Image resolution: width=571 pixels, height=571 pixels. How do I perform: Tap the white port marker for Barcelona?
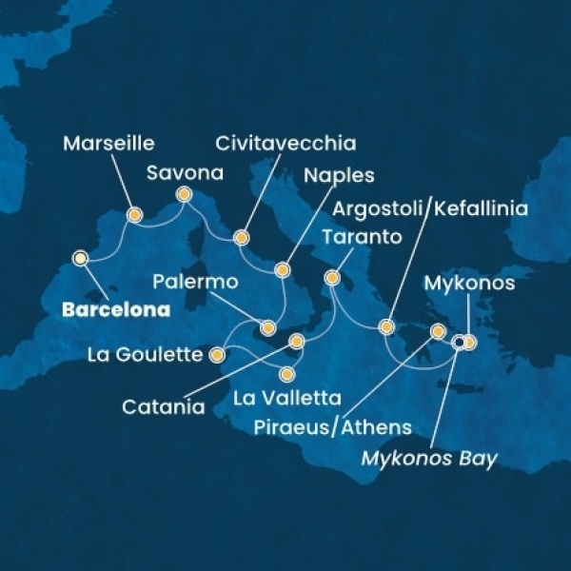(81, 257)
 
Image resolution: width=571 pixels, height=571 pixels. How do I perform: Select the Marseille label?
(108, 145)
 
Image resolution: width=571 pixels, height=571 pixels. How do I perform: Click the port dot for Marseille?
(134, 215)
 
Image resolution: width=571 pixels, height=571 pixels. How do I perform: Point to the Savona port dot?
(185, 196)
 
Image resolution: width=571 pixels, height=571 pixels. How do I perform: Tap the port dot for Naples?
(282, 270)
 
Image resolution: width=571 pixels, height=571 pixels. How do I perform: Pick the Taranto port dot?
(332, 278)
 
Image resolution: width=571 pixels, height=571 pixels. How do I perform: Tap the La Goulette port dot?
(217, 356)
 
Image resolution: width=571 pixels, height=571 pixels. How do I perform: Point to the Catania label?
(164, 407)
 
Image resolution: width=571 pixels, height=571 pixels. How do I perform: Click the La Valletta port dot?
(287, 373)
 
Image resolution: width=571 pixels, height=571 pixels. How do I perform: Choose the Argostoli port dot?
(386, 326)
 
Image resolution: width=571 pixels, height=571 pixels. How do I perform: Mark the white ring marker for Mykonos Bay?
(458, 342)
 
